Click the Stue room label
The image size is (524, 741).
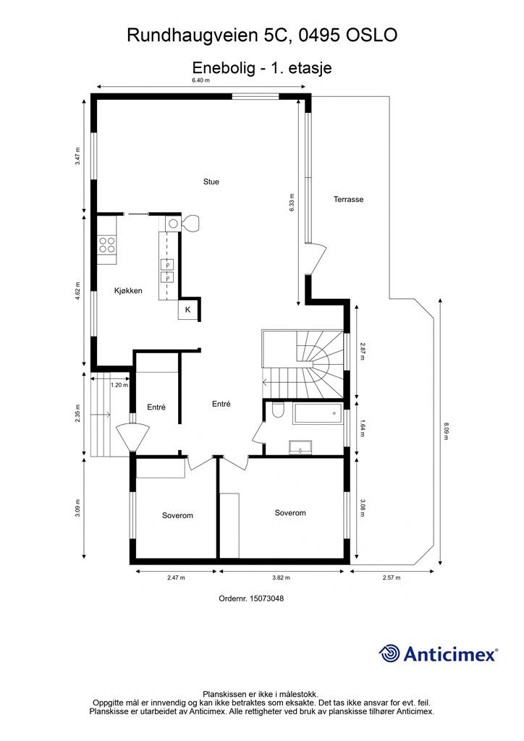coord(211,182)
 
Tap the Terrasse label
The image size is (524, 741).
coord(348,200)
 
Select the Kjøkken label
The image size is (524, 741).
coord(128,291)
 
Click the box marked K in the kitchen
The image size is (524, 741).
coord(187,310)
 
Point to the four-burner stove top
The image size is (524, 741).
coord(107,245)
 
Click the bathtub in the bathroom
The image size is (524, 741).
coord(317,413)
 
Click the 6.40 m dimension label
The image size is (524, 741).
coord(200,80)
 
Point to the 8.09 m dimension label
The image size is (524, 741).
coord(445,431)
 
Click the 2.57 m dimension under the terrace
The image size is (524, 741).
coord(392,577)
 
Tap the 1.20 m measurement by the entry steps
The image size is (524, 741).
coord(119,385)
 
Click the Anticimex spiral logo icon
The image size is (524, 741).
coord(389,653)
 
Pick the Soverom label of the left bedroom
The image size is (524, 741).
coord(177,515)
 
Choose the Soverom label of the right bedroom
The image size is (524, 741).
coord(290,513)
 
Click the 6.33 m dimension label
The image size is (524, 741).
coord(292,203)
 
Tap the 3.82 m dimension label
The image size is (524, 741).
coord(281,577)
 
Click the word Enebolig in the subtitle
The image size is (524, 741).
coord(224,67)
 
